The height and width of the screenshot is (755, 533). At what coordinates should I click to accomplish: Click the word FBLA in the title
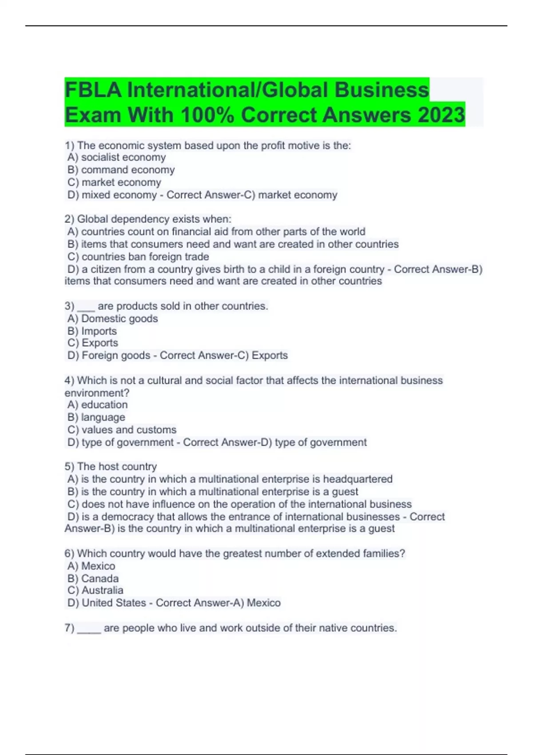click(x=93, y=90)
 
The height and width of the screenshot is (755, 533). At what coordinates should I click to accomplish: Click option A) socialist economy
click(x=116, y=157)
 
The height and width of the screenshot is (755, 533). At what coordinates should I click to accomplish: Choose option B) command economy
click(x=121, y=170)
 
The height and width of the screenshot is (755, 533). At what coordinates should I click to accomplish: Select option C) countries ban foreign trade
click(x=138, y=257)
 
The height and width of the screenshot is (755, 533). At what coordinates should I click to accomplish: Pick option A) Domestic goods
click(x=113, y=318)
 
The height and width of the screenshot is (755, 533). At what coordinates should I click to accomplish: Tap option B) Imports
click(x=92, y=331)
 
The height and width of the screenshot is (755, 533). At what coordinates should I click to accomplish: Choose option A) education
click(x=97, y=405)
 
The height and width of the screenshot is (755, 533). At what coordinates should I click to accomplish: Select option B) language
click(x=96, y=417)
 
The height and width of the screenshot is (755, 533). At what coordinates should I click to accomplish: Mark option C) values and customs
click(x=122, y=429)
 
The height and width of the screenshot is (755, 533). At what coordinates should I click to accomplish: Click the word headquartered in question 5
click(x=358, y=479)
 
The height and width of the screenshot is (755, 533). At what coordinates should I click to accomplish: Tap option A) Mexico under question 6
click(x=91, y=566)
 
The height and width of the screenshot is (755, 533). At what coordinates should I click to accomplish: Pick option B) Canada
click(x=93, y=578)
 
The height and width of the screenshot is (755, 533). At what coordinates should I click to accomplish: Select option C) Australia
click(x=95, y=590)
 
